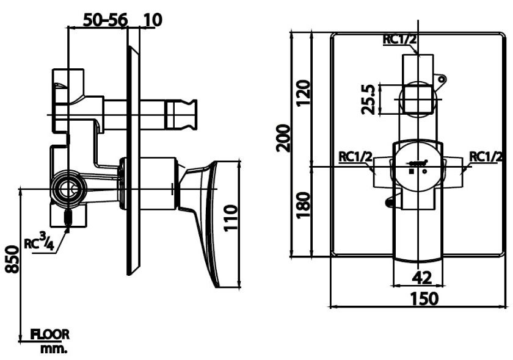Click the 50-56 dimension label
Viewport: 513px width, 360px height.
[x=106, y=20]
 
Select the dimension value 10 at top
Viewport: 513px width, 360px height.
[x=153, y=20]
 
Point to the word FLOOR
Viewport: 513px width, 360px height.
[x=51, y=334]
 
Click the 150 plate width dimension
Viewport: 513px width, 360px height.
[x=423, y=299]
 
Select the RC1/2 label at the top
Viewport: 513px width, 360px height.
[x=400, y=40]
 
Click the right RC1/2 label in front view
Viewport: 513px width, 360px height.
[x=486, y=157]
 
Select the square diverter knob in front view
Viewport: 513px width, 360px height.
[x=417, y=98]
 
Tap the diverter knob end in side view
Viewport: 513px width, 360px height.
[x=183, y=114]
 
